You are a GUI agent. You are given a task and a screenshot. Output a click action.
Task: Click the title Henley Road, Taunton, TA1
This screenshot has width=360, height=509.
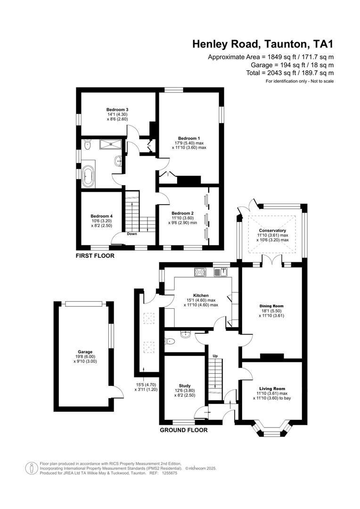tap(262, 44)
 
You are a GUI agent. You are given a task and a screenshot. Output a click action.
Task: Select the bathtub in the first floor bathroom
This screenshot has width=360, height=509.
tap(88, 177)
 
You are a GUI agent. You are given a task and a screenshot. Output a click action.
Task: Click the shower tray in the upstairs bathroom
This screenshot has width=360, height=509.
tap(111, 145)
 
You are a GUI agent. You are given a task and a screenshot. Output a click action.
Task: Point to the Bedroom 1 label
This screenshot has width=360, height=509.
tap(189, 138)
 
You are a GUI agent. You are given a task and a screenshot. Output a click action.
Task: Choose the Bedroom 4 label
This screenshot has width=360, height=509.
tap(102, 216)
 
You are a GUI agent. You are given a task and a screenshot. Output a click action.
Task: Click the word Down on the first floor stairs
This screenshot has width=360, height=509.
tap(132, 233)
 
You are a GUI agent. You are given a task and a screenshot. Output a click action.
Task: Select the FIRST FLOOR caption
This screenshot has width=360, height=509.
tap(95, 255)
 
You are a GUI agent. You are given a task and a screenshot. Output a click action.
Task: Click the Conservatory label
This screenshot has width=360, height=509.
tap(272, 230)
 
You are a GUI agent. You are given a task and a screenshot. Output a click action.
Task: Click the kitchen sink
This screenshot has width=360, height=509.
tap(221, 271)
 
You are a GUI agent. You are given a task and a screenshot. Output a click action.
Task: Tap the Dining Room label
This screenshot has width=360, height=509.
tap(272, 305)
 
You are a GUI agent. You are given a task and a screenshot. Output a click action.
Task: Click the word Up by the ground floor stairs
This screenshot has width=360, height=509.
tap(215, 355)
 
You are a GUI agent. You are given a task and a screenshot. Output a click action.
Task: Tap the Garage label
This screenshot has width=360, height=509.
tap(85, 352)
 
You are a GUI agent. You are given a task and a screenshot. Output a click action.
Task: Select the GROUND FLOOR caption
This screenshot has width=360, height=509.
tap(183, 430)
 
